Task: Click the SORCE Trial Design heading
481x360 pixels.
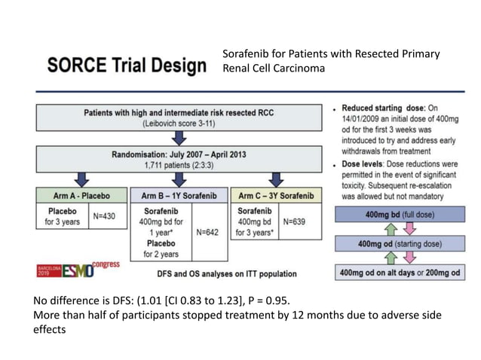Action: click(126, 66)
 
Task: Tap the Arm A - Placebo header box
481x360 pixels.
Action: click(81, 195)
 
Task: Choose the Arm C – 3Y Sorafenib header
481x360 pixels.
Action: click(275, 195)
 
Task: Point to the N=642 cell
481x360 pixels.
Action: click(207, 232)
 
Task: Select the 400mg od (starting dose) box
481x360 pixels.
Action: click(397, 244)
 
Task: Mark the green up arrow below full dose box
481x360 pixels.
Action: click(390, 230)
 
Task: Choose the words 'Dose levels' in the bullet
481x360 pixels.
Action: click(367, 163)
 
